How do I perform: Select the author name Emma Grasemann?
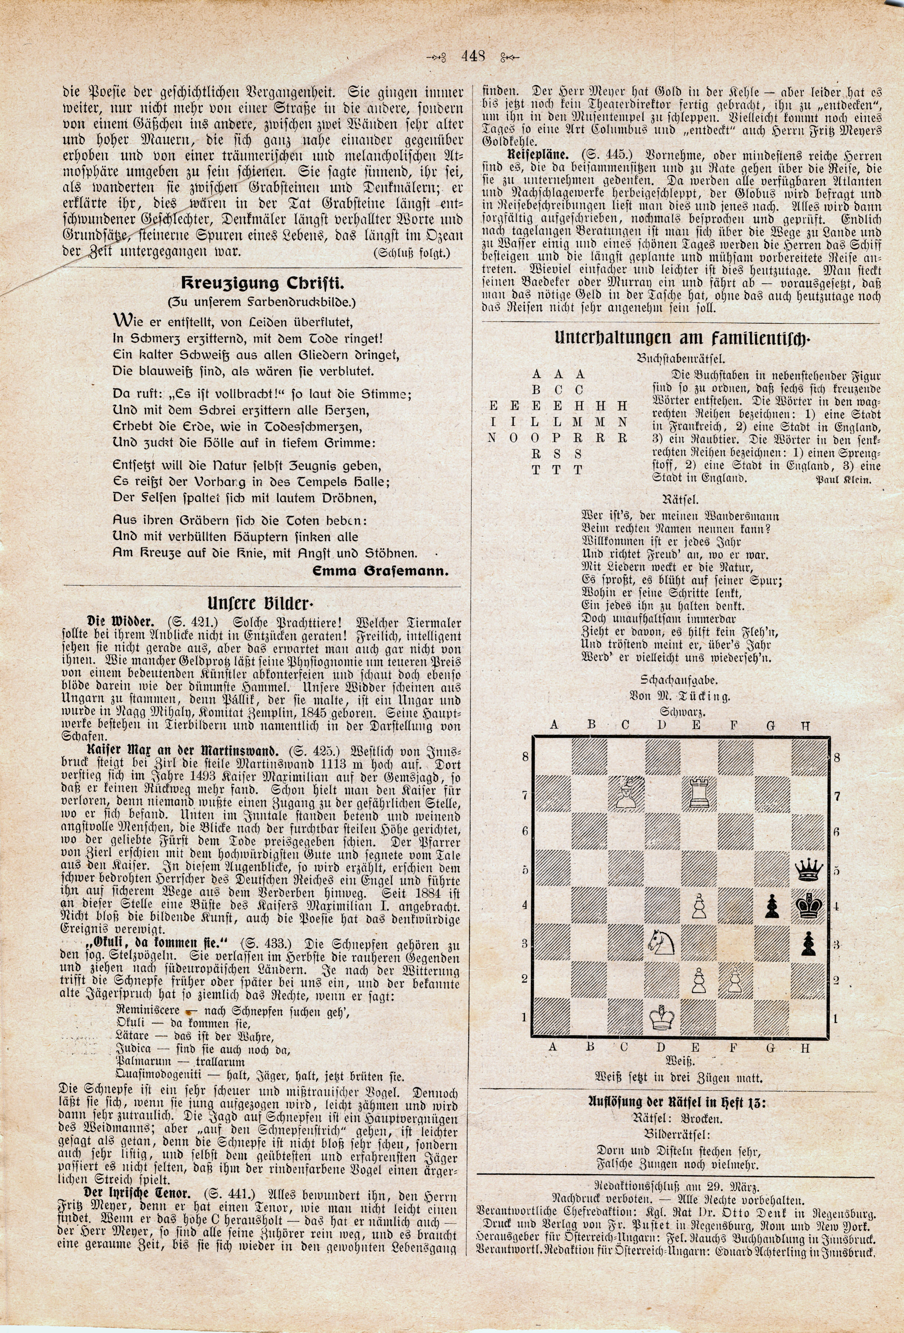pyautogui.click(x=380, y=572)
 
